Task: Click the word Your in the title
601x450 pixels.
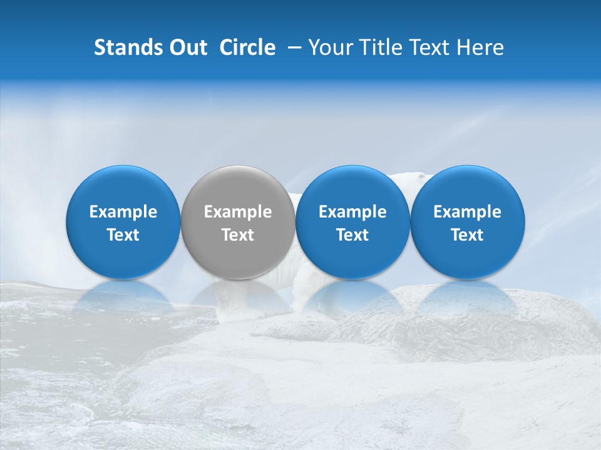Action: coord(329,47)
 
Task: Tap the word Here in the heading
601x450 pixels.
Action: coord(481,47)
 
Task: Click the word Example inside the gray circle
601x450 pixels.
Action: coord(238,212)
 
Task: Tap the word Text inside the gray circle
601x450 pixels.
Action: coord(238,235)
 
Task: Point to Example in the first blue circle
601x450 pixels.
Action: coord(123,212)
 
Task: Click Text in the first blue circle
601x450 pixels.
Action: coord(123,235)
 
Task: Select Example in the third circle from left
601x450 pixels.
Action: coord(352,212)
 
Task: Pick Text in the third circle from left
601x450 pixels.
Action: coord(352,235)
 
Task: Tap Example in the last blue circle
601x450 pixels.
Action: coord(467,212)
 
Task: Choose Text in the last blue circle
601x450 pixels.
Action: coord(467,235)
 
